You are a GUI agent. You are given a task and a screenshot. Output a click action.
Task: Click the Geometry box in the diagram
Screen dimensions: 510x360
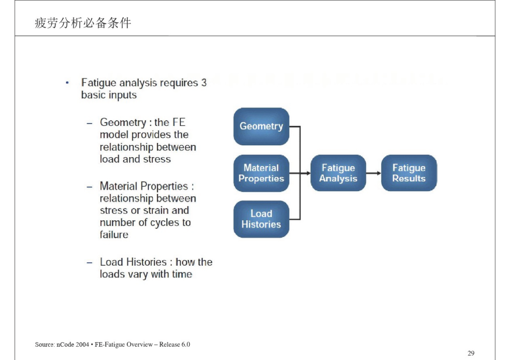tap(261, 126)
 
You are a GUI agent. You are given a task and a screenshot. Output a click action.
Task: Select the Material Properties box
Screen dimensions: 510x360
tap(261, 173)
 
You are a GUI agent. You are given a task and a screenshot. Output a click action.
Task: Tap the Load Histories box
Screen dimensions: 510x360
tap(261, 219)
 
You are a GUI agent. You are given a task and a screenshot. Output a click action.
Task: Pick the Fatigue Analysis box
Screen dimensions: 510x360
tap(338, 173)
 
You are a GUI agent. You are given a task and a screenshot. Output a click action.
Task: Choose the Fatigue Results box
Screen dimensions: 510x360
tap(409, 173)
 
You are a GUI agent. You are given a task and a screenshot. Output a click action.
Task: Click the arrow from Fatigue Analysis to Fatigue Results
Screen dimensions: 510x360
tap(374, 173)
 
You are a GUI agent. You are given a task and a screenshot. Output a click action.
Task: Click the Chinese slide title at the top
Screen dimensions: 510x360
tap(83, 23)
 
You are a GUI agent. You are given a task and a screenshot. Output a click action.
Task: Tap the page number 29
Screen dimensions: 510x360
tap(471, 353)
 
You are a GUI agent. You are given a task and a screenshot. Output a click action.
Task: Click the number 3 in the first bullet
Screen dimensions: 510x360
tap(204, 83)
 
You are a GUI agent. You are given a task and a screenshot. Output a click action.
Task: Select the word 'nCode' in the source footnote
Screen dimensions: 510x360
tap(65, 344)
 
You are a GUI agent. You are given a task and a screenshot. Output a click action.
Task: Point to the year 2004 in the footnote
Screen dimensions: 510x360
tap(82, 344)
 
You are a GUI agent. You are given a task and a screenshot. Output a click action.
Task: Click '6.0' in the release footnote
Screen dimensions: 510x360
tap(186, 344)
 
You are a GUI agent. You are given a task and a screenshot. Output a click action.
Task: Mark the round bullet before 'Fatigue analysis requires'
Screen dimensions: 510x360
tap(67, 83)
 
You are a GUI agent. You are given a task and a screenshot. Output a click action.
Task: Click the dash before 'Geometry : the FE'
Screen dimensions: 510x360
tap(89, 124)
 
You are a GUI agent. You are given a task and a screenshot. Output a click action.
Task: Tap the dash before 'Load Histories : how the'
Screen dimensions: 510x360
tap(89, 263)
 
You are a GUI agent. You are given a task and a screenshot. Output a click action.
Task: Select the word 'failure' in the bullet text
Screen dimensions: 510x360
tap(114, 234)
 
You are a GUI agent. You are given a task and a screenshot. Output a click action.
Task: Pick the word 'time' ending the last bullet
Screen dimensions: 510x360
tap(182, 274)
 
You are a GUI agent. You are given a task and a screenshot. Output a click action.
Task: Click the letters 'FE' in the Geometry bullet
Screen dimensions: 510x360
tap(178, 122)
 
